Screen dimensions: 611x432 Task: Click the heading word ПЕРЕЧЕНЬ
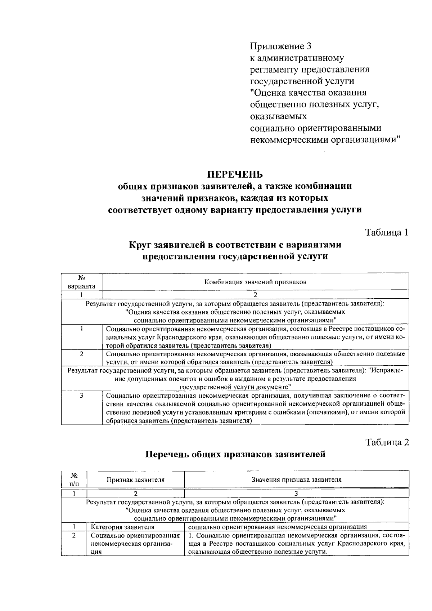235,175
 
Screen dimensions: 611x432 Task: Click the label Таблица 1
387,232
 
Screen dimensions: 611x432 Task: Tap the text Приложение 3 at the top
280,46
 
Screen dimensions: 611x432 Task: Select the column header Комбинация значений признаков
255,282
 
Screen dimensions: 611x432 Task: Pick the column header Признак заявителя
135,480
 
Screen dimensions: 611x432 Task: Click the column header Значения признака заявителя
296,480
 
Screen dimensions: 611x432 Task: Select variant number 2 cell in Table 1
82,354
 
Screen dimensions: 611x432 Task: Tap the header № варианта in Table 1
82,282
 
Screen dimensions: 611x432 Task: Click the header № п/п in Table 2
74,480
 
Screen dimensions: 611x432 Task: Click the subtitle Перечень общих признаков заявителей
235,454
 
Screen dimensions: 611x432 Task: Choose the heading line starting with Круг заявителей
235,245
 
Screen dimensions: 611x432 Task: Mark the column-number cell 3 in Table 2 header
296,493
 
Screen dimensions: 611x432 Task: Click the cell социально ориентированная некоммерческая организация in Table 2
278,527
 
